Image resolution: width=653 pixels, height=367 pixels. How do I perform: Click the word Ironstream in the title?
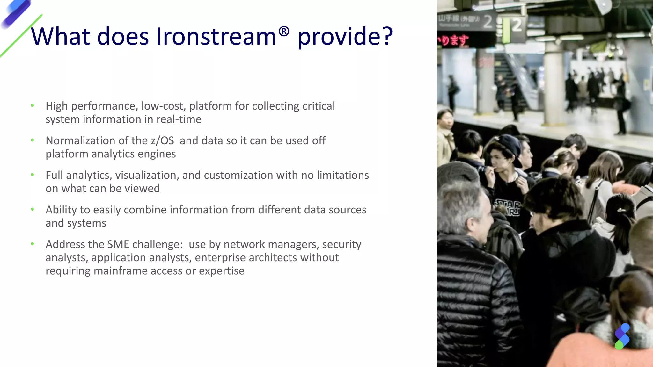click(x=216, y=36)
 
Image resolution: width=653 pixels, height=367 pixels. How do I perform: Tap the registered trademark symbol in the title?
click(x=284, y=31)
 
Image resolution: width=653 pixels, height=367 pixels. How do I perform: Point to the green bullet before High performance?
click(x=32, y=105)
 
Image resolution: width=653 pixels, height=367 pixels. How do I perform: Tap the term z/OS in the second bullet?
click(x=162, y=140)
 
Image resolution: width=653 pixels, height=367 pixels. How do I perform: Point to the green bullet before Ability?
click(x=32, y=209)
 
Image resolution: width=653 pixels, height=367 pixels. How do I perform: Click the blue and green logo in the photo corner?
click(x=622, y=336)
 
